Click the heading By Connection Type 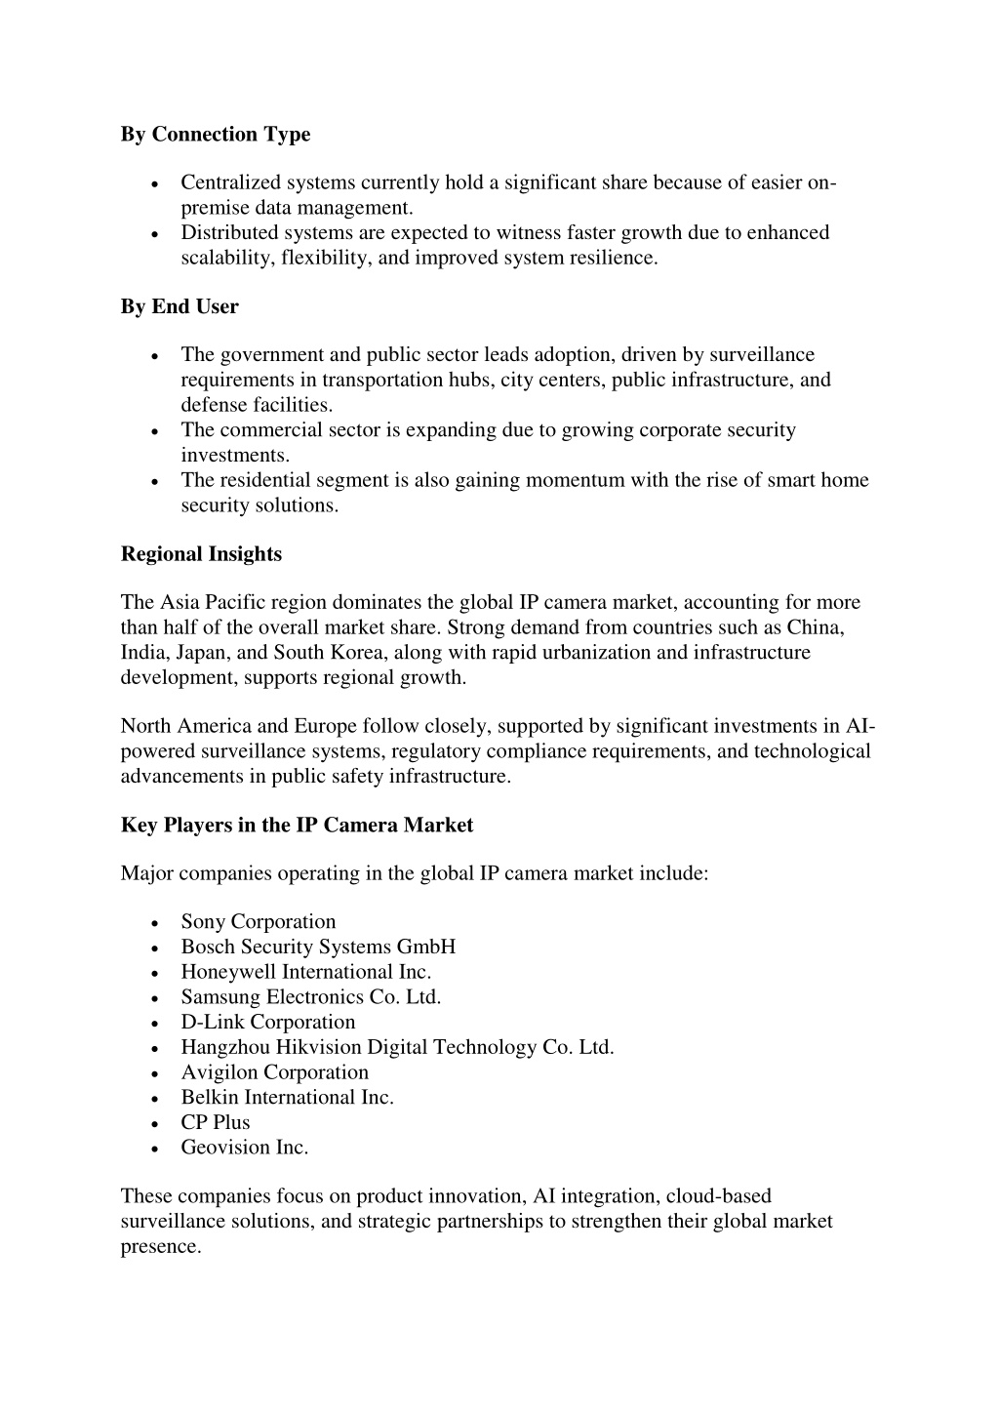(x=216, y=135)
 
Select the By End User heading (x=180, y=306)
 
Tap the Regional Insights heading (x=201, y=554)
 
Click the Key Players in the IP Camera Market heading (x=297, y=826)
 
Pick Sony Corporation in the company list (x=258, y=922)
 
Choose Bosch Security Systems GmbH (x=318, y=947)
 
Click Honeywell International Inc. (x=305, y=972)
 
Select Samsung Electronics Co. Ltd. (x=311, y=997)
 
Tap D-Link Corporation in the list (x=267, y=1023)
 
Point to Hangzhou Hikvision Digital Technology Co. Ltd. (x=397, y=1048)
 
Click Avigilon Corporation (x=274, y=1072)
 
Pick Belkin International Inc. (x=287, y=1098)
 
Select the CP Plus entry (x=215, y=1123)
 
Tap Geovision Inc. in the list (x=244, y=1148)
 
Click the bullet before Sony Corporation (x=156, y=923)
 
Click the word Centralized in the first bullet (x=229, y=182)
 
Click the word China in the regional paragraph (x=815, y=627)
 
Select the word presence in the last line (x=160, y=1247)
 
